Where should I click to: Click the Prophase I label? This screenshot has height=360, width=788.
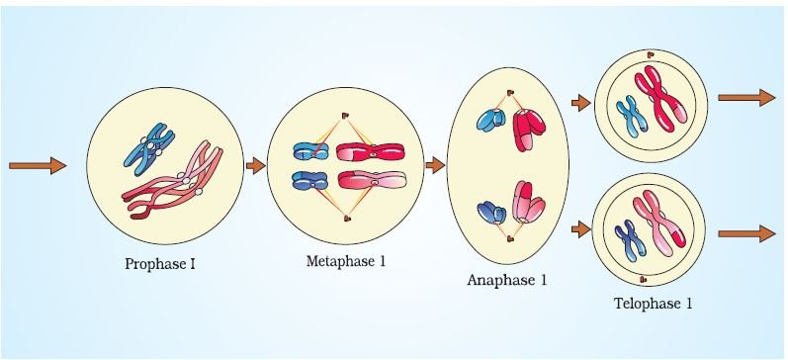[x=160, y=264]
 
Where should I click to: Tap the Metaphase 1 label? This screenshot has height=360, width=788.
[x=346, y=261]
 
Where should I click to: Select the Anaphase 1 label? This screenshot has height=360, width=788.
[x=506, y=280]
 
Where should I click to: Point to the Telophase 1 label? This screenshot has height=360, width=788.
[x=653, y=304]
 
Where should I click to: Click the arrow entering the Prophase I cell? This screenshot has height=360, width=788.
[x=38, y=165]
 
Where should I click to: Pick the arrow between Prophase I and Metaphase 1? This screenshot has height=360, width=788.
[x=255, y=165]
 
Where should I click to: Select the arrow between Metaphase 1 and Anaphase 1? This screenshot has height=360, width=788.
[x=435, y=165]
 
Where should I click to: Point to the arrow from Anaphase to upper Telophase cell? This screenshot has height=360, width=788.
[x=581, y=103]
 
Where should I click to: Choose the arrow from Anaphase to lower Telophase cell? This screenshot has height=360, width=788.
[x=581, y=229]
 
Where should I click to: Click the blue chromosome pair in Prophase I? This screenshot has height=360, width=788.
[x=148, y=148]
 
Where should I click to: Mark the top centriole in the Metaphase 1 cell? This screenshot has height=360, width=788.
[x=345, y=116]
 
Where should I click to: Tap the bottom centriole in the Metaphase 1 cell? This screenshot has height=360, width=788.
[x=346, y=219]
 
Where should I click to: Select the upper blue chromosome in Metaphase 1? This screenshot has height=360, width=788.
[x=310, y=151]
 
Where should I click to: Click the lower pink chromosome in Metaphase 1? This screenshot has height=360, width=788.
[x=372, y=180]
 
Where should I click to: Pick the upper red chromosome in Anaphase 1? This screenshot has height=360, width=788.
[x=529, y=130]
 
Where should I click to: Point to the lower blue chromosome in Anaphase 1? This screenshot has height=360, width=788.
[x=492, y=213]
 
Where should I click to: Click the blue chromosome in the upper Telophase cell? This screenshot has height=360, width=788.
[x=632, y=117]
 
